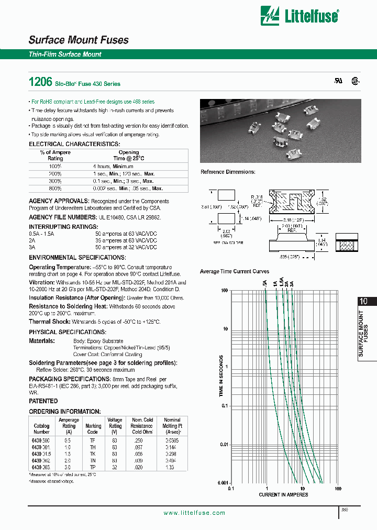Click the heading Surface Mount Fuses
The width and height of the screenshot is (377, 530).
pos(78,40)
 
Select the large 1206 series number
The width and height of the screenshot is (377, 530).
pos(39,82)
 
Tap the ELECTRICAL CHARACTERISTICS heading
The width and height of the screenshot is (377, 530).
pos(74,143)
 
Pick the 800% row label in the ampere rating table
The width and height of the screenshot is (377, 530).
pos(55,188)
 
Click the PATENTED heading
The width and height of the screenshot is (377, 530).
pos(43,401)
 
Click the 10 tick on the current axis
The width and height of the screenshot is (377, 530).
pos(302,489)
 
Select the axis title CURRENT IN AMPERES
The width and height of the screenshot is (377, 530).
pos(283,495)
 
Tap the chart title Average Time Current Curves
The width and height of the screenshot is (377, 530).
pos(235,271)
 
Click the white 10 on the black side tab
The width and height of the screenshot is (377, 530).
pos(364,302)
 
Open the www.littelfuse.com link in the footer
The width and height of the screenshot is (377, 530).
pos(194,513)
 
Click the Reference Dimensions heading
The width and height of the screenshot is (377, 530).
pos(228,172)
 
